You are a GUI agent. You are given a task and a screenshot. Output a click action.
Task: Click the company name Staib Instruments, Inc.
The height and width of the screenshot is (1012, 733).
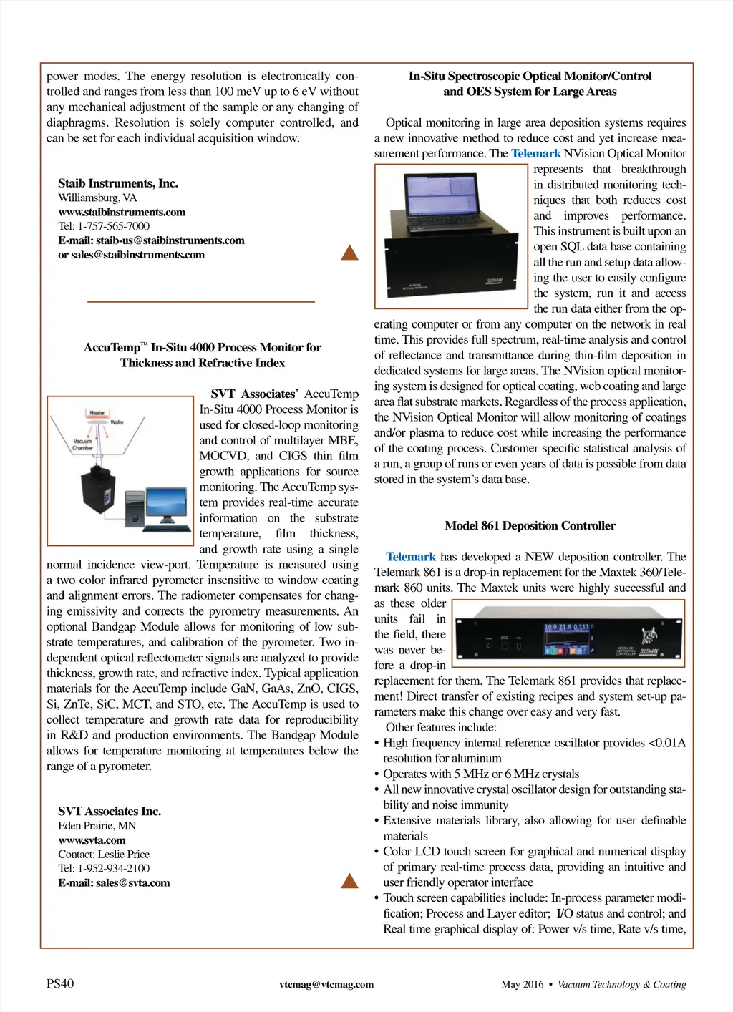[118, 183]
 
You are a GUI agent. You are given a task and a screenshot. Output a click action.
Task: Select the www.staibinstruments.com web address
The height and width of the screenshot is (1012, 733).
[122, 212]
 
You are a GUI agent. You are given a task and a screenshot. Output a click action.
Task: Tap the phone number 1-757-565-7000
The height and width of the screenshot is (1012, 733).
[114, 226]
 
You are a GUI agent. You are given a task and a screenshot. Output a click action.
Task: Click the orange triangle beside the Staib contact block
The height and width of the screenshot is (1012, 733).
[349, 253]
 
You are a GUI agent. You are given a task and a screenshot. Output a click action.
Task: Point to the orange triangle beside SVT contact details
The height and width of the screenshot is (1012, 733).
[349, 881]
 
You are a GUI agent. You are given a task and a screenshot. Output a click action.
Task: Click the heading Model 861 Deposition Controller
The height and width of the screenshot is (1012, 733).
[530, 525]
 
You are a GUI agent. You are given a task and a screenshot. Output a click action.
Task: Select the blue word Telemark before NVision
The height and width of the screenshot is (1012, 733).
[535, 153]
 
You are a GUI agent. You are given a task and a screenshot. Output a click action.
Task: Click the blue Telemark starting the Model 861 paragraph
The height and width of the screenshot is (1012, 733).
[410, 557]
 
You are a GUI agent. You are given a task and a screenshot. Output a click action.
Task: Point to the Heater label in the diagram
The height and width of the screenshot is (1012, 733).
[97, 413]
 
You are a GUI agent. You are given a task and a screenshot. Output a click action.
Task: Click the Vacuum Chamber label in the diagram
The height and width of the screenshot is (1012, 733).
[82, 444]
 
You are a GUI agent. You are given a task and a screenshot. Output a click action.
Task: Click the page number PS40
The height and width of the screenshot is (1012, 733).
[60, 983]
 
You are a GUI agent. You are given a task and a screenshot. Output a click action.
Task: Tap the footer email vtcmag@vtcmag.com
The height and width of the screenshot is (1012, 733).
[326, 984]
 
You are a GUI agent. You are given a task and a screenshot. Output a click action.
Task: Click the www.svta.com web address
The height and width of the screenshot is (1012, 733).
[92, 840]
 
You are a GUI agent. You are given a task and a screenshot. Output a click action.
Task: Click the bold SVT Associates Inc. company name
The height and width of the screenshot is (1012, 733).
[110, 811]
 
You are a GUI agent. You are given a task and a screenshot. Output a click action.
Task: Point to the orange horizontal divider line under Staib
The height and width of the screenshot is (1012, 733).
[201, 301]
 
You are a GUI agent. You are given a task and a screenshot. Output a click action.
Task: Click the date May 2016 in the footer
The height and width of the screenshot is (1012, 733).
[523, 984]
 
